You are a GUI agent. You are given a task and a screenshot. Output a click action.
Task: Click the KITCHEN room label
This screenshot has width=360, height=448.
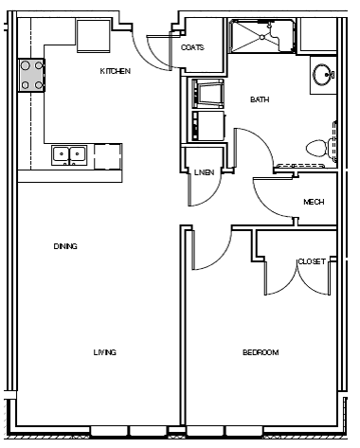click(115, 72)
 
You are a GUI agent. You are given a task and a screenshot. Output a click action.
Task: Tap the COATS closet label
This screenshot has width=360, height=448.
click(192, 47)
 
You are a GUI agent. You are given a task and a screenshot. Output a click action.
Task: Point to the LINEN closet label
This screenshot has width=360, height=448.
click(203, 172)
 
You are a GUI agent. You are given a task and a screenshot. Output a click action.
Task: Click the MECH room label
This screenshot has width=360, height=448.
click(314, 202)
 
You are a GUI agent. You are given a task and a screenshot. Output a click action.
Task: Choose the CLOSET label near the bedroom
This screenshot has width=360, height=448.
click(312, 261)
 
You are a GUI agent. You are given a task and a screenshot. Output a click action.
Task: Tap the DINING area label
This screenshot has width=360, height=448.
click(65, 246)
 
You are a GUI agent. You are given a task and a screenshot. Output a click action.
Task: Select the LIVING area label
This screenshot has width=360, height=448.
click(104, 352)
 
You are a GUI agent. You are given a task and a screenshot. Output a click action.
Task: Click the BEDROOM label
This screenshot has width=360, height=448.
click(261, 352)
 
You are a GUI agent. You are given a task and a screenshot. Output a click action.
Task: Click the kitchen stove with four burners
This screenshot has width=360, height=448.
click(31, 75)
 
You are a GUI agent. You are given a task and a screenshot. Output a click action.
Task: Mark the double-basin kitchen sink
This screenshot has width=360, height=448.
click(70, 153)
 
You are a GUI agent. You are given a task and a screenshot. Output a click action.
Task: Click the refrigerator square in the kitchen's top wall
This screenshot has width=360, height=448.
click(96, 35)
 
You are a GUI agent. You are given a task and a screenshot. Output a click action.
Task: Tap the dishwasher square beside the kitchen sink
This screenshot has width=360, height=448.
click(107, 155)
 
